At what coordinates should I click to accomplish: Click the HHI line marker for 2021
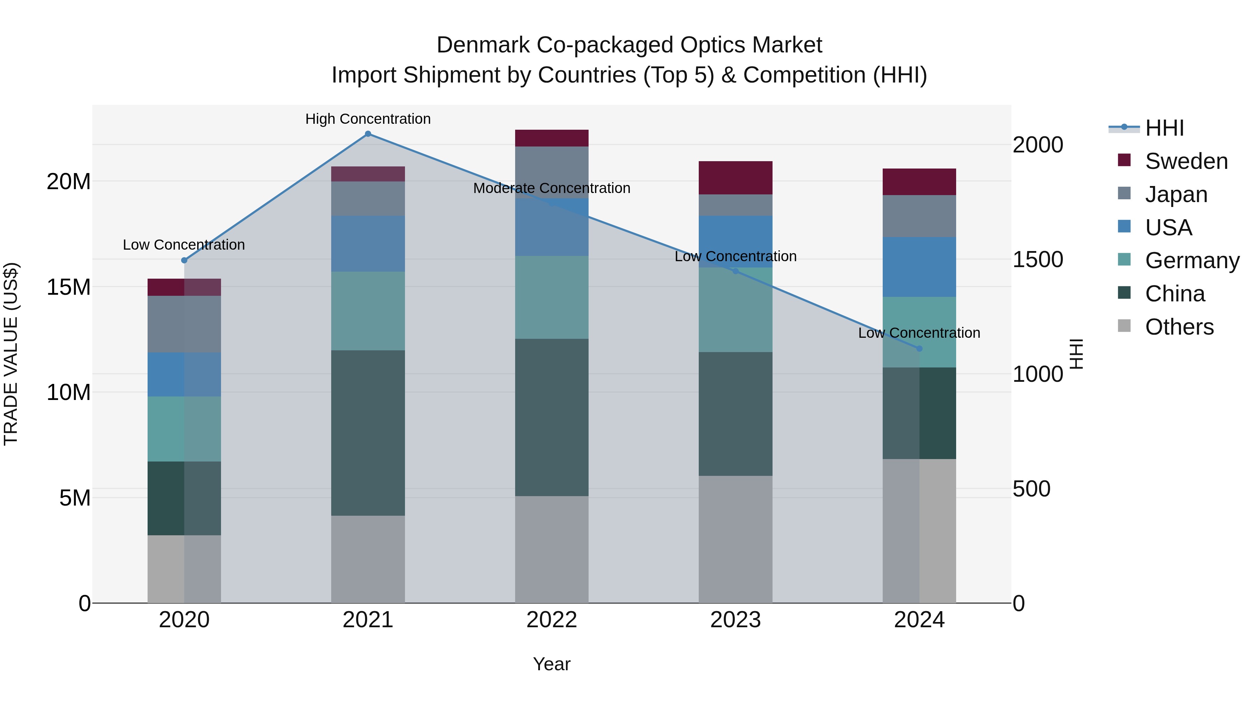click(368, 134)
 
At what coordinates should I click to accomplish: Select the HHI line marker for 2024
click(919, 348)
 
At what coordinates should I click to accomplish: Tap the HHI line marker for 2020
click(184, 260)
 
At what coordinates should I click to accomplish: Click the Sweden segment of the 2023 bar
click(735, 178)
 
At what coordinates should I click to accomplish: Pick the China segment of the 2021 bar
click(368, 433)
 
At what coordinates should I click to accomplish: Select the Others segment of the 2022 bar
click(552, 549)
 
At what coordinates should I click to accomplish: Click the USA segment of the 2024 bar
click(919, 267)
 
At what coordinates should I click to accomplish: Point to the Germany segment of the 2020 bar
click(184, 429)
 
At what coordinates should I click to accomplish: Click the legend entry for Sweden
click(1186, 161)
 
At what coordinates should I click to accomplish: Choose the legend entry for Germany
click(1192, 260)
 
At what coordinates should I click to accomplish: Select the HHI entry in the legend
click(1164, 128)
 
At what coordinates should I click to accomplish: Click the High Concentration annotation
click(368, 119)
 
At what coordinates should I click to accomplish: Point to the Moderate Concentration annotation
click(552, 188)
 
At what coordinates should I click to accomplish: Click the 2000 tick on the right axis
click(1038, 145)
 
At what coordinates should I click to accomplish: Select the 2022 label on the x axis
click(552, 620)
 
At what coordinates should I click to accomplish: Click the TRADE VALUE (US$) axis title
click(11, 354)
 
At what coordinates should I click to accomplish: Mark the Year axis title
click(552, 664)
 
